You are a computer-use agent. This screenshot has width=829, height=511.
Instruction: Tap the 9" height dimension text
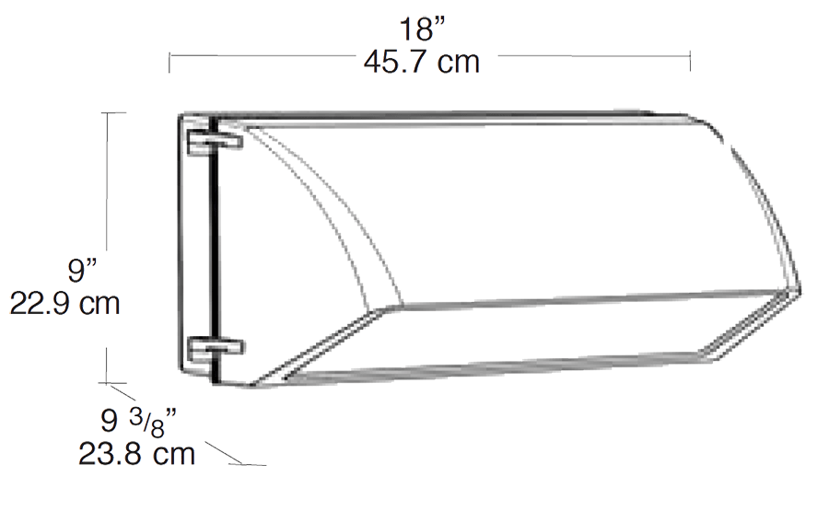pyautogui.click(x=83, y=272)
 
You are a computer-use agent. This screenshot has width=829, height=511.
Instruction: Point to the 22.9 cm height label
pyautogui.click(x=64, y=303)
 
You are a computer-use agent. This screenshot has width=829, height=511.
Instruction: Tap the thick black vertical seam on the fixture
pyautogui.click(x=212, y=249)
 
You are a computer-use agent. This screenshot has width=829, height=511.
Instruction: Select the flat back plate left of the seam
pyautogui.click(x=193, y=249)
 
